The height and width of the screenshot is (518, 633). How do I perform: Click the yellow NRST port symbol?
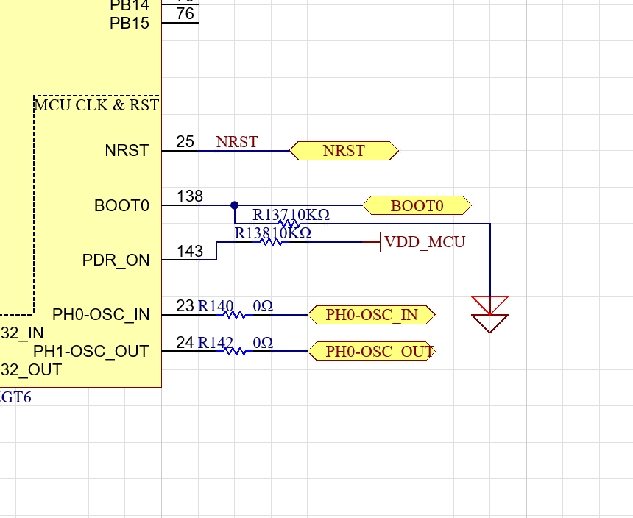[x=344, y=151]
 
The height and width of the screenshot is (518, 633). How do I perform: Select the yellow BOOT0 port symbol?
[x=417, y=205]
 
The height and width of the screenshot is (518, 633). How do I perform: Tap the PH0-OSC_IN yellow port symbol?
[x=372, y=316]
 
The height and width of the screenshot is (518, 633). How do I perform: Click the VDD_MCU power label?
[x=425, y=242]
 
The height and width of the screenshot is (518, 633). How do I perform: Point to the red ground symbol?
[x=490, y=314]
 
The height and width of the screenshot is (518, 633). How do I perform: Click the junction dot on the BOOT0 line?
[x=235, y=205]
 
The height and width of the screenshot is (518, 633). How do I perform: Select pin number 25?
[x=185, y=141]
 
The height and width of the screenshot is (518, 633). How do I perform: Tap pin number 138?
[x=190, y=196]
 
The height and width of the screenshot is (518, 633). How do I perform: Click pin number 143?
[x=190, y=252]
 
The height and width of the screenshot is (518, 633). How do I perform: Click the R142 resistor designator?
[x=216, y=343]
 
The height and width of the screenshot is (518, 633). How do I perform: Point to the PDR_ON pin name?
[x=116, y=260]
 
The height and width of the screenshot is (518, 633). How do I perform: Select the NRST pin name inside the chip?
[x=127, y=151]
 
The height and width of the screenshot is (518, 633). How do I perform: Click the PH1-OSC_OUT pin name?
[x=91, y=352]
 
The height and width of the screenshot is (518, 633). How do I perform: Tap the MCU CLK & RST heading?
[x=96, y=105]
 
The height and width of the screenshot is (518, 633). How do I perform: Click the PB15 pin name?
[x=130, y=24]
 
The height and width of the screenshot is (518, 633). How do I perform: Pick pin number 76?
[x=185, y=14]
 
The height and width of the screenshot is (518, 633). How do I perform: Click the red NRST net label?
[x=237, y=142]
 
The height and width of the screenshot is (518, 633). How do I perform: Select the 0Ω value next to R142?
[x=263, y=343]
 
